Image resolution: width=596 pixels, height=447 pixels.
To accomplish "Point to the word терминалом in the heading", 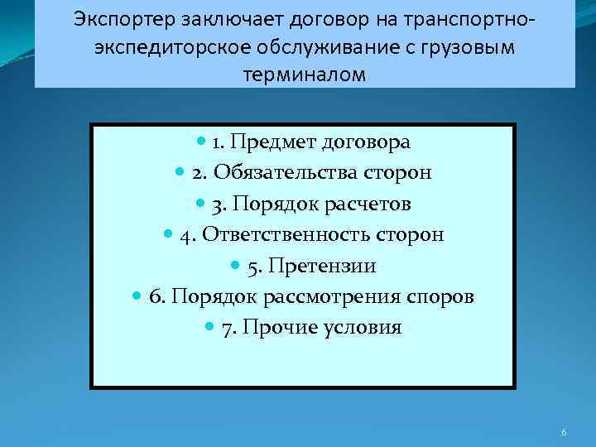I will point(304,75).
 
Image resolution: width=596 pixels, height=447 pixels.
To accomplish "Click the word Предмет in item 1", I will point(271,142).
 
